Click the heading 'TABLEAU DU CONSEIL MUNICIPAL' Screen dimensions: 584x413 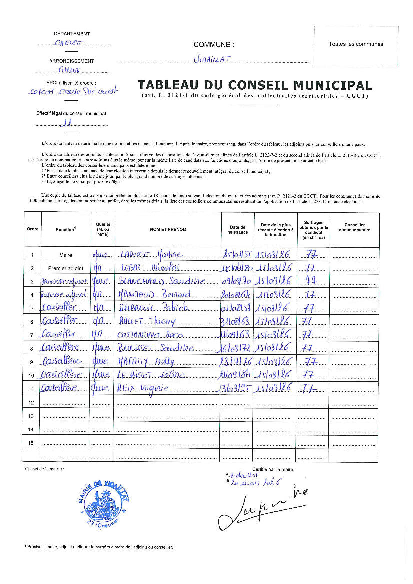pyautogui.click(x=255, y=85)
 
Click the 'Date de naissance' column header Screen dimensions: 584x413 pyautogui.click(x=237, y=229)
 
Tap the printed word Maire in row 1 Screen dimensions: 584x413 pyautogui.click(x=65, y=255)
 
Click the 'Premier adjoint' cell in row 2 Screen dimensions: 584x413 pyautogui.click(x=65, y=268)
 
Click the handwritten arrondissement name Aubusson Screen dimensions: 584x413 pyautogui.click(x=69, y=70)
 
